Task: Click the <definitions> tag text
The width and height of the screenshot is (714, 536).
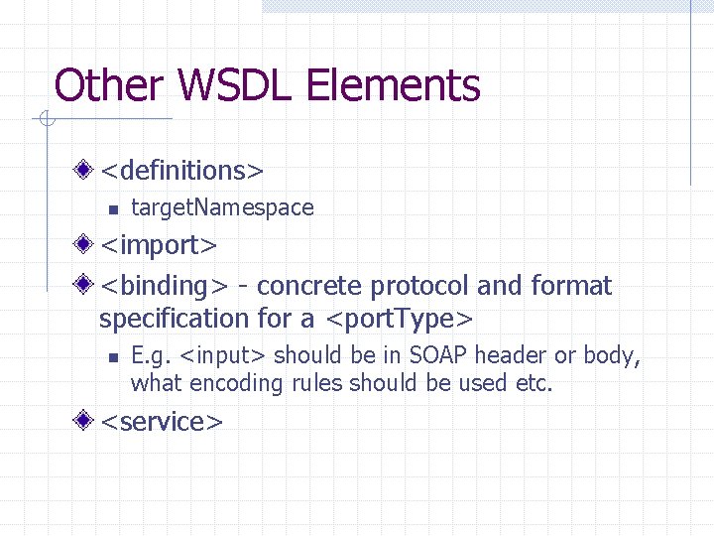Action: tap(182, 171)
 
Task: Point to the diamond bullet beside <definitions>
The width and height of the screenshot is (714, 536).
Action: tap(87, 170)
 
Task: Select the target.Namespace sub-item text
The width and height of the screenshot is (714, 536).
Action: tap(222, 207)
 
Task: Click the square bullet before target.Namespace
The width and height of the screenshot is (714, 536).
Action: tap(113, 208)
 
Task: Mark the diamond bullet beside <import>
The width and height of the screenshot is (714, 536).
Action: tap(87, 244)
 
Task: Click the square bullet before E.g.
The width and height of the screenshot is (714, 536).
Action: tap(113, 356)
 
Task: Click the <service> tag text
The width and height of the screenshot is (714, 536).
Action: tap(163, 422)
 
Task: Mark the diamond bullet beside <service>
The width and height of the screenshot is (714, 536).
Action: tap(87, 421)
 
